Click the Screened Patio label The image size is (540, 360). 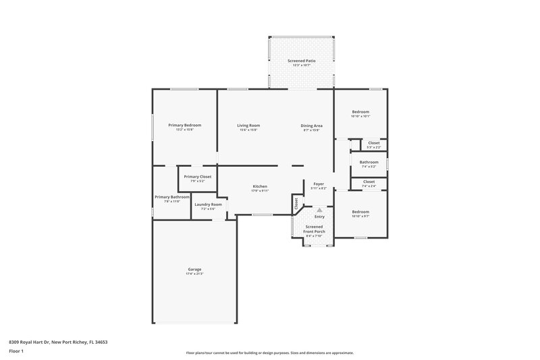coord(302,61)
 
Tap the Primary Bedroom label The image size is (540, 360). coord(185,125)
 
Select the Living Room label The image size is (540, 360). coord(248,125)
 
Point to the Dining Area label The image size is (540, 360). coord(312,125)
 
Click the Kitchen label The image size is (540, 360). coord(260,186)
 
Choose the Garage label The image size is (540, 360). coord(194,269)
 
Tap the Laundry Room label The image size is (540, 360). coord(208,204)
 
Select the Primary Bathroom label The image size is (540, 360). coord(171,197)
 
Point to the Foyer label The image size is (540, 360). coord(319,183)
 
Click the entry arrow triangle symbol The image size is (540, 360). coord(320,210)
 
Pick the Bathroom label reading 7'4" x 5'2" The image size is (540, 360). coord(369,162)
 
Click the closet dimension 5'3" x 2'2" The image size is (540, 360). coord(373,147)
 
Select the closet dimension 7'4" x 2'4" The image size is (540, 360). coord(369,185)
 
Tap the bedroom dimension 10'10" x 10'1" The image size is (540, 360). coord(360,116)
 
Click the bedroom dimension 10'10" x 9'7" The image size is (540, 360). coord(360,216)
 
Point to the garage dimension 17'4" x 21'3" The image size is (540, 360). coord(194,274)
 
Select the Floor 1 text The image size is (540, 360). coord(16,351)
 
